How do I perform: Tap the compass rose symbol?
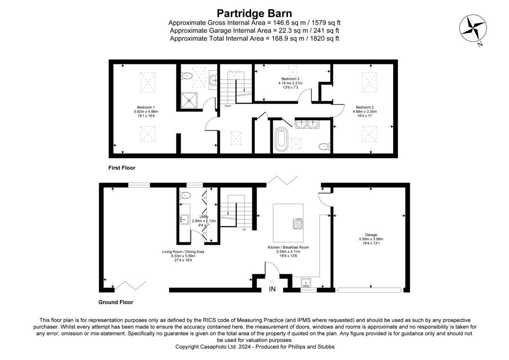pyautogui.click(x=473, y=29)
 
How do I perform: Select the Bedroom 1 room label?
pyautogui.click(x=145, y=107)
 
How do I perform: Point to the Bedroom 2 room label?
pyautogui.click(x=364, y=107)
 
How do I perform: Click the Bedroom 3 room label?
pyautogui.click(x=291, y=79)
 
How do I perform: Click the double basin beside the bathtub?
pyautogui.click(x=308, y=124)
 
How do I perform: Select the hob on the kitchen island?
pyautogui.click(x=298, y=223)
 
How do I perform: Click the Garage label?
pyautogui.click(x=371, y=235)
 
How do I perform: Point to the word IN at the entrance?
pyautogui.click(x=272, y=290)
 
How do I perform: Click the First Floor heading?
pyautogui.click(x=122, y=168)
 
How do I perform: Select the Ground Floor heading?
pyautogui.click(x=116, y=302)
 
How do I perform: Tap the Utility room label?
pyautogui.click(x=204, y=217)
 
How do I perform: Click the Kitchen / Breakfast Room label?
pyautogui.click(x=288, y=247)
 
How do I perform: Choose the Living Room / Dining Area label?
pyautogui.click(x=183, y=252)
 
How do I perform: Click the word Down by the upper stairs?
pyautogui.click(x=228, y=106)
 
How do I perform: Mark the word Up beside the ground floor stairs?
pyautogui.click(x=244, y=230)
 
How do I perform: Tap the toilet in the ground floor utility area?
pyautogui.click(x=185, y=195)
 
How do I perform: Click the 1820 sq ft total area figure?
pyautogui.click(x=324, y=38)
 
